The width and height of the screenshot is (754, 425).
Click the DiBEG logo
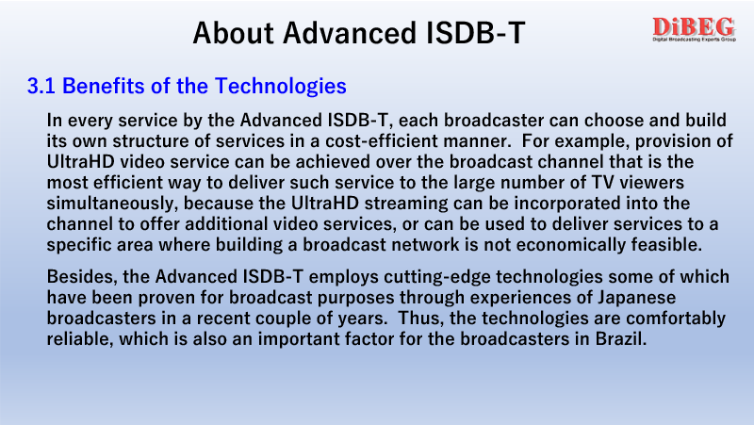[x=694, y=29]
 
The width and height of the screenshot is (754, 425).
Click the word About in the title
[x=233, y=33]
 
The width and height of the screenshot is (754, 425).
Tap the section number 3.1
[x=41, y=86]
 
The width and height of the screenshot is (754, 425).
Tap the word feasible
[x=667, y=245]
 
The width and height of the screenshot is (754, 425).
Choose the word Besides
[x=82, y=277]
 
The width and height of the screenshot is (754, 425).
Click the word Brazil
[x=621, y=339]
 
